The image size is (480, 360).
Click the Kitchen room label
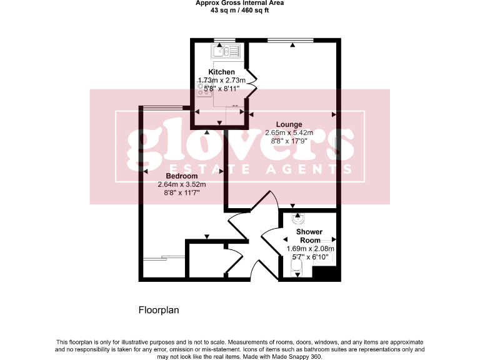point(221,72)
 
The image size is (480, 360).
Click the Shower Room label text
point(309,236)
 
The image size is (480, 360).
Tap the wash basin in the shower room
point(299,219)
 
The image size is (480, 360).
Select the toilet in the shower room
point(297,267)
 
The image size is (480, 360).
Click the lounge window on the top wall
point(291,41)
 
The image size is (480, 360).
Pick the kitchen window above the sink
point(223,41)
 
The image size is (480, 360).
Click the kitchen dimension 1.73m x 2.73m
point(222,81)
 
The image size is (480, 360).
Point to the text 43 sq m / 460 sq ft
point(239,10)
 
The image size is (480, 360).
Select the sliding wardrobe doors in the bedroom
point(164,257)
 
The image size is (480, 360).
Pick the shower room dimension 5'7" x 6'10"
point(311,256)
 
